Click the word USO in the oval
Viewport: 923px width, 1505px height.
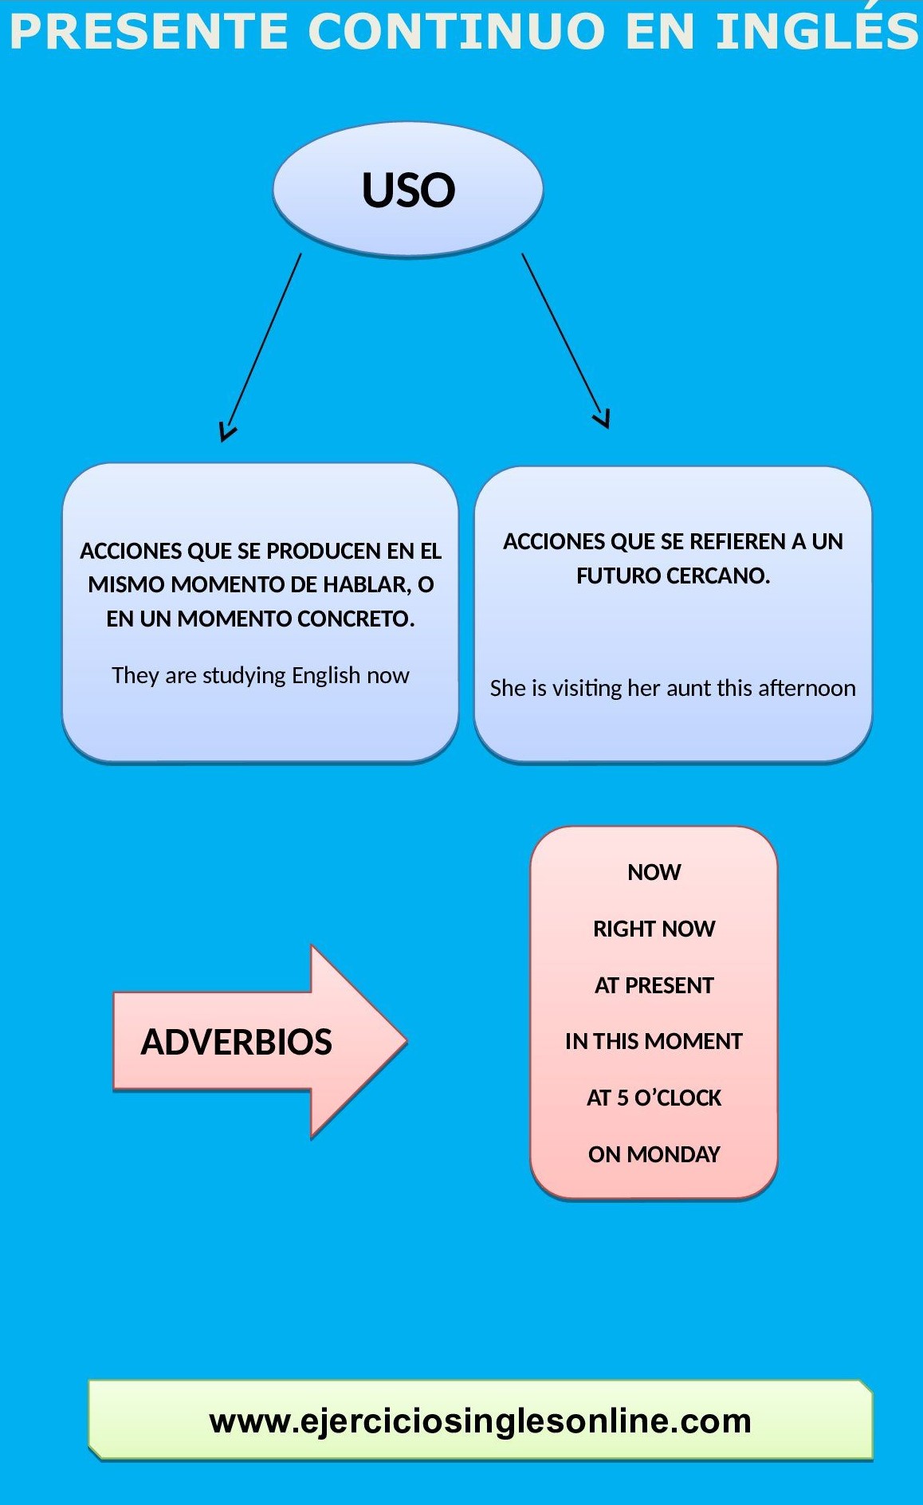point(408,191)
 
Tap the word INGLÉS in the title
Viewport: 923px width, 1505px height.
point(817,32)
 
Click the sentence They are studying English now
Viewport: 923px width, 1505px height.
point(260,675)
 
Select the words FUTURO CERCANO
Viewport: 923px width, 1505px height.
point(673,576)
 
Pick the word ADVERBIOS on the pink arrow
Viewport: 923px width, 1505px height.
point(236,1042)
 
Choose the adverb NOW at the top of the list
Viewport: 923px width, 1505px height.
point(654,872)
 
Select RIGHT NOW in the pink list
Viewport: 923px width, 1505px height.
point(654,929)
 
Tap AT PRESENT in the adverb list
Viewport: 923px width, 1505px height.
point(654,985)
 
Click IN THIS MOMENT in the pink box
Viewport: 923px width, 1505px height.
point(654,1041)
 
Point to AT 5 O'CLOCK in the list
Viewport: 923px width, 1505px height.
point(654,1098)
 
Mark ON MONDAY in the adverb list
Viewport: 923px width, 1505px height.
point(654,1154)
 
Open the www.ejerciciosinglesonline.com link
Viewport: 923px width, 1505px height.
point(480,1421)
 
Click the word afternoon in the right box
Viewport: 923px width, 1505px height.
point(807,688)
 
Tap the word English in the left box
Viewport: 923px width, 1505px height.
point(326,675)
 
